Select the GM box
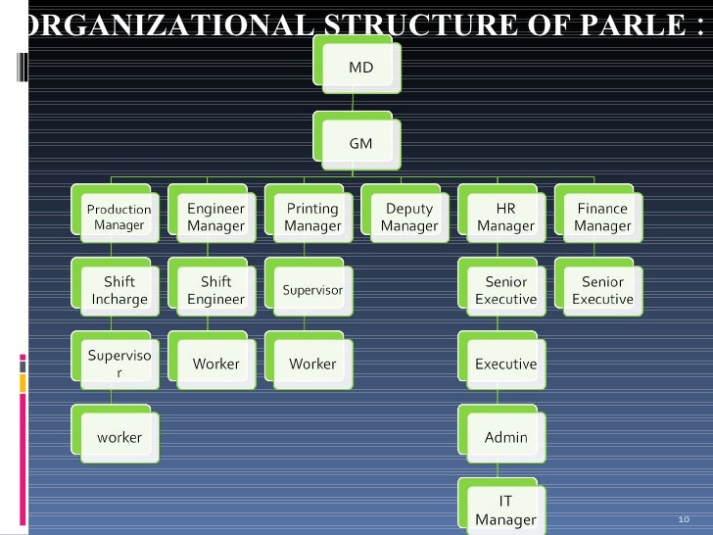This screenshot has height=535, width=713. click(x=360, y=143)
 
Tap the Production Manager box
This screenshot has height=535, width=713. click(x=119, y=217)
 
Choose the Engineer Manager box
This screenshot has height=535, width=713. click(x=215, y=217)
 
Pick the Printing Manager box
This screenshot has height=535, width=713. click(x=312, y=217)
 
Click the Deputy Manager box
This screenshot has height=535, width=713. click(x=408, y=217)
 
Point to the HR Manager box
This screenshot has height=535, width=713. click(x=505, y=217)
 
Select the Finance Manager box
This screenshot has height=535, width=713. click(x=602, y=217)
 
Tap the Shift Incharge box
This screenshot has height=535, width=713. click(x=119, y=290)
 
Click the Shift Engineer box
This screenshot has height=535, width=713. click(x=215, y=290)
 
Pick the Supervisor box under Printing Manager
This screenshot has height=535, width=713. click(x=312, y=290)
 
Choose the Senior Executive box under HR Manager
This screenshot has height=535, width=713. click(x=505, y=290)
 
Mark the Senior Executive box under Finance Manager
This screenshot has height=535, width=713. click(x=602, y=290)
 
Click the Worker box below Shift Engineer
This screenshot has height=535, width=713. click(x=215, y=364)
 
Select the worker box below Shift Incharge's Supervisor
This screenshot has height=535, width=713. click(x=119, y=437)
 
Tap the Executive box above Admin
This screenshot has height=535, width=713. click(x=505, y=364)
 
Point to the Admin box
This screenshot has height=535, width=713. click(x=505, y=437)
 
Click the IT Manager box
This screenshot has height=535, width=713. click(x=505, y=510)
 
